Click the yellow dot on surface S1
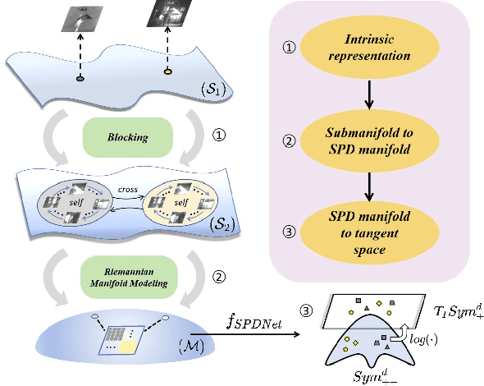tap(167, 74)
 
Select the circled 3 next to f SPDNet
tap(307, 311)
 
